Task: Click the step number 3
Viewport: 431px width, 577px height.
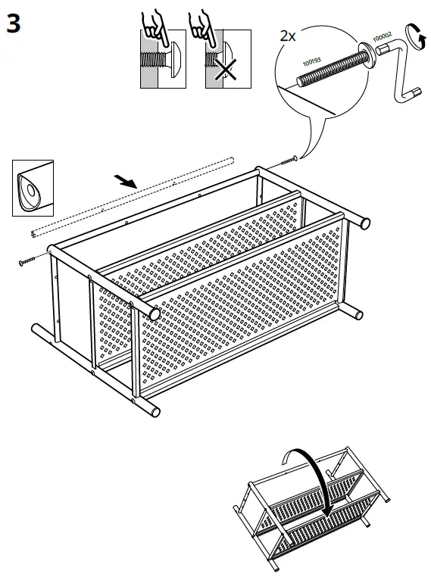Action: click(14, 23)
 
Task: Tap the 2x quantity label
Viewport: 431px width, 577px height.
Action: click(288, 35)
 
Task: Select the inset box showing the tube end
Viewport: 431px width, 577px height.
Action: click(33, 187)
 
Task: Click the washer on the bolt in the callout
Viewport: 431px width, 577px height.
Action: click(366, 49)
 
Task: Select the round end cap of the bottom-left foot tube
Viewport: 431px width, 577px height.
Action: click(155, 410)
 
